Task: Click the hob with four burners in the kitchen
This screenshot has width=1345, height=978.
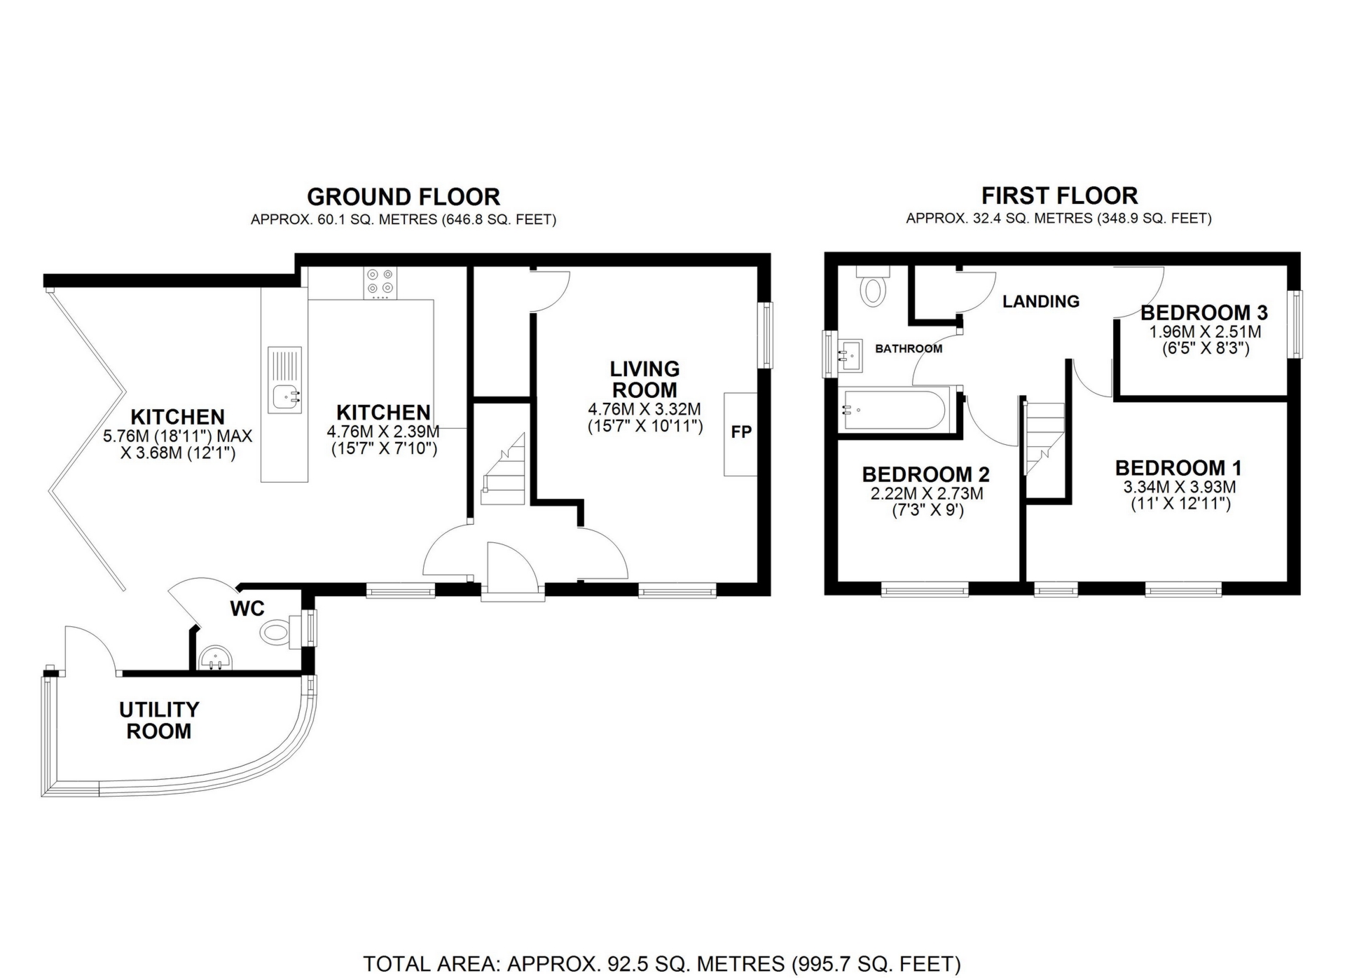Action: (x=380, y=283)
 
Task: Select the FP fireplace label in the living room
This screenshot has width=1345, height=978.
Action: (x=741, y=432)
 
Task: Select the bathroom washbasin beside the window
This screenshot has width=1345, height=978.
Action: (x=850, y=355)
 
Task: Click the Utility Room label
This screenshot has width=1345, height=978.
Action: (x=159, y=720)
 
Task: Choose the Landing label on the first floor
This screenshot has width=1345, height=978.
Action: (x=1041, y=301)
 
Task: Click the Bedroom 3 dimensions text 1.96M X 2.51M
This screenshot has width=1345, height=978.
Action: (x=1200, y=332)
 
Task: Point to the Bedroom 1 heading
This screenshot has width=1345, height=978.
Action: (x=1179, y=467)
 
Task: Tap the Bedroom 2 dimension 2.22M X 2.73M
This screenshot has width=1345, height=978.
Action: (x=926, y=493)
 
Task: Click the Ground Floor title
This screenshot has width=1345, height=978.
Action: (x=403, y=197)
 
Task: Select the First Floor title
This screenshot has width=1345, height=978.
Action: (x=1059, y=195)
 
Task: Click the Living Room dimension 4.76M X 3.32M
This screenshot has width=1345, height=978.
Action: (x=644, y=408)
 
